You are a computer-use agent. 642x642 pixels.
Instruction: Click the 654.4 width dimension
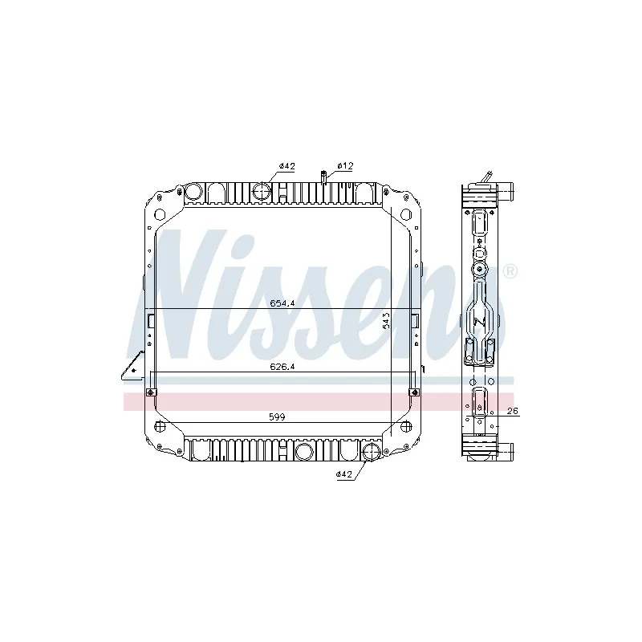tap(278, 303)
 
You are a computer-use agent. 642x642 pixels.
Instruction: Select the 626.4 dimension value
tap(278, 368)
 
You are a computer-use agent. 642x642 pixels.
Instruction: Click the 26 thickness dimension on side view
tap(514, 412)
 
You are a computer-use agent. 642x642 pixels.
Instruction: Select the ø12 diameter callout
tap(345, 165)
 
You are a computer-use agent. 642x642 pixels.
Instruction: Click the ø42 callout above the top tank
tap(287, 165)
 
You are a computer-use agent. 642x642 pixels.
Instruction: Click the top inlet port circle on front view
tap(263, 192)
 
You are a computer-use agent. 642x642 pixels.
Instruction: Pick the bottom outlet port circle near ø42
tap(371, 452)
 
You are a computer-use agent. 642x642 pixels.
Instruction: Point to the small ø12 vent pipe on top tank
tap(323, 177)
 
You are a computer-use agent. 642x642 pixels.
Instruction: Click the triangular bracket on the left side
tap(128, 369)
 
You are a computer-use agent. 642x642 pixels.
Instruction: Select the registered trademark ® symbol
tap(509, 272)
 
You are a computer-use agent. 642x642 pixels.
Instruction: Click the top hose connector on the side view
tap(506, 193)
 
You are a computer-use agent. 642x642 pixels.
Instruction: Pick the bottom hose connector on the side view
tap(506, 449)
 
